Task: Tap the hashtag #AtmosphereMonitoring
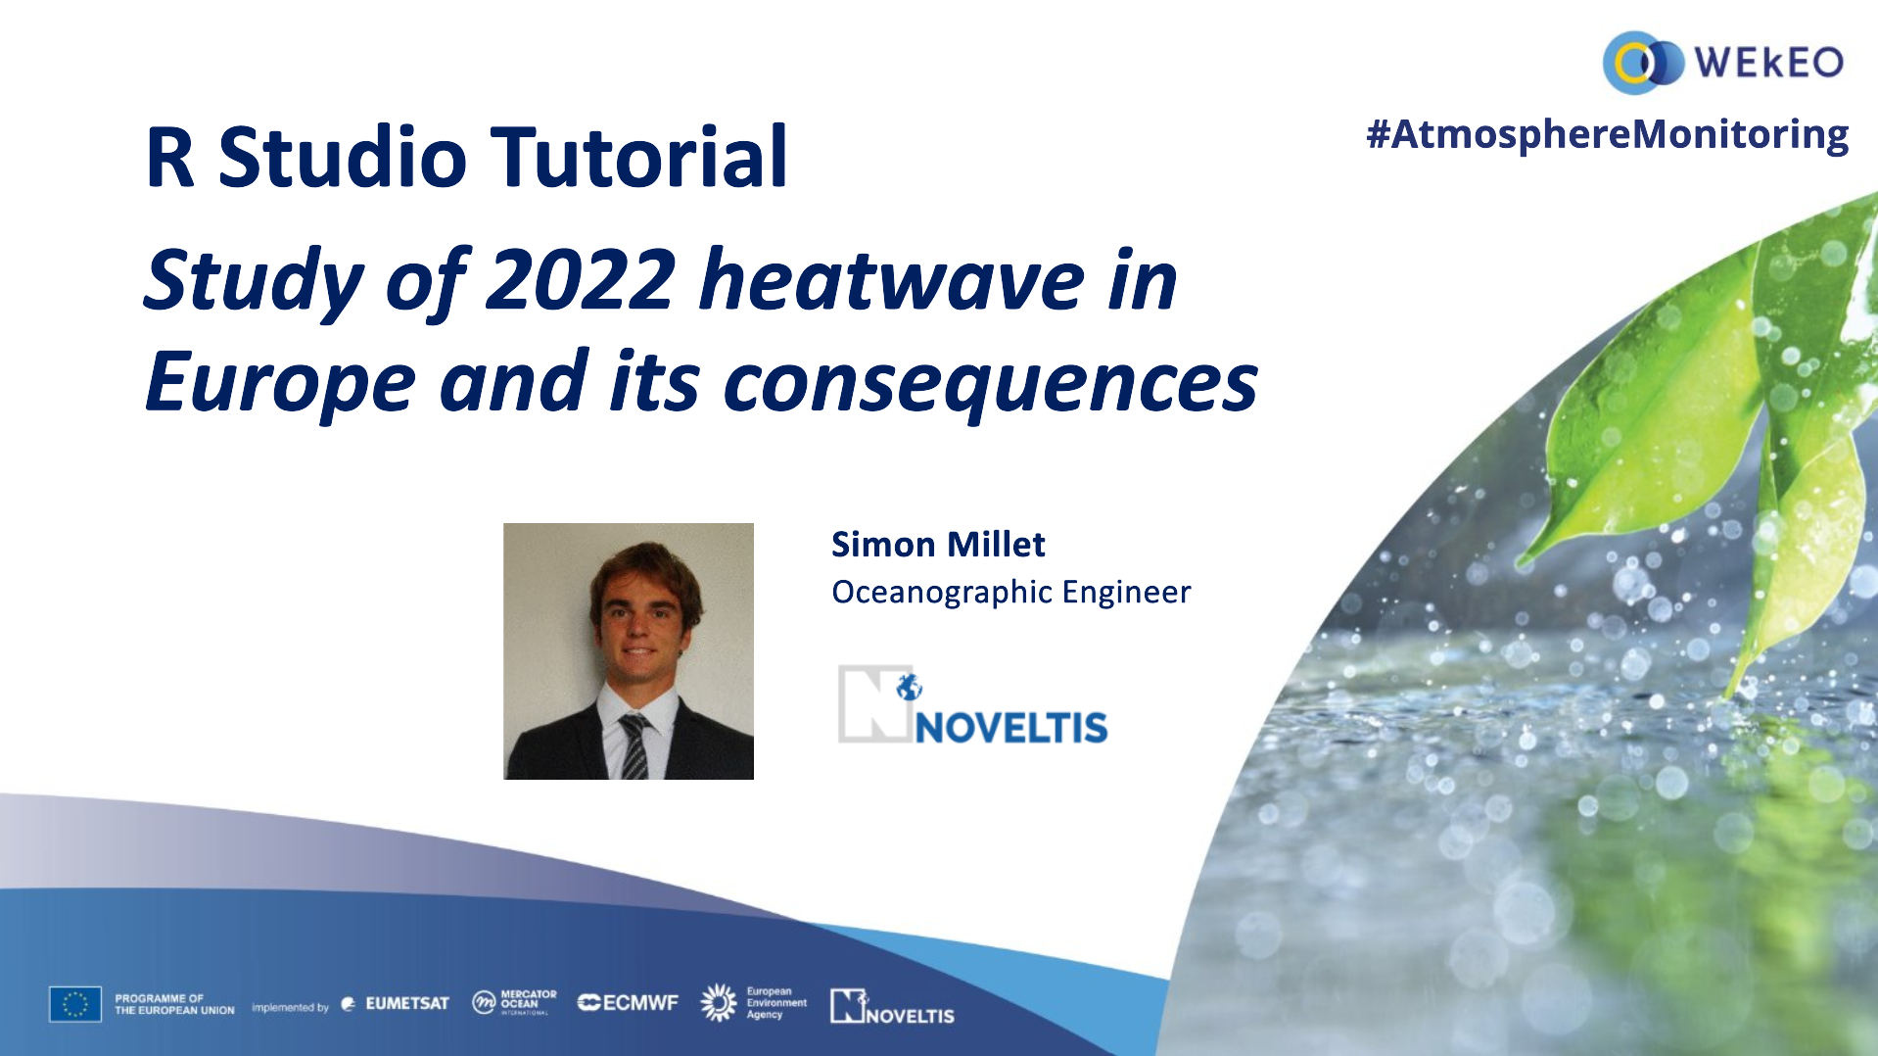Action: (x=1607, y=134)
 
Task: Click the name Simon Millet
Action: (x=938, y=545)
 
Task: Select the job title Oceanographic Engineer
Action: (x=1010, y=593)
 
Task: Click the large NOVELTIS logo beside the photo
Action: (x=972, y=705)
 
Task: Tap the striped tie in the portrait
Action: (x=634, y=747)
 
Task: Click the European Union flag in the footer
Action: (x=75, y=1004)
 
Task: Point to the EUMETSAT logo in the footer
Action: (x=395, y=1004)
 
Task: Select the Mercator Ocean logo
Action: (x=514, y=1002)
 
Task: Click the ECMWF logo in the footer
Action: (x=628, y=1003)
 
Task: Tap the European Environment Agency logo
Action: (x=754, y=1003)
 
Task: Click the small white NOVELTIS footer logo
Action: (x=892, y=1007)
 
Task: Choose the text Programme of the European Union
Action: (x=174, y=1005)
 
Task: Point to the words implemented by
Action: (x=290, y=1007)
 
